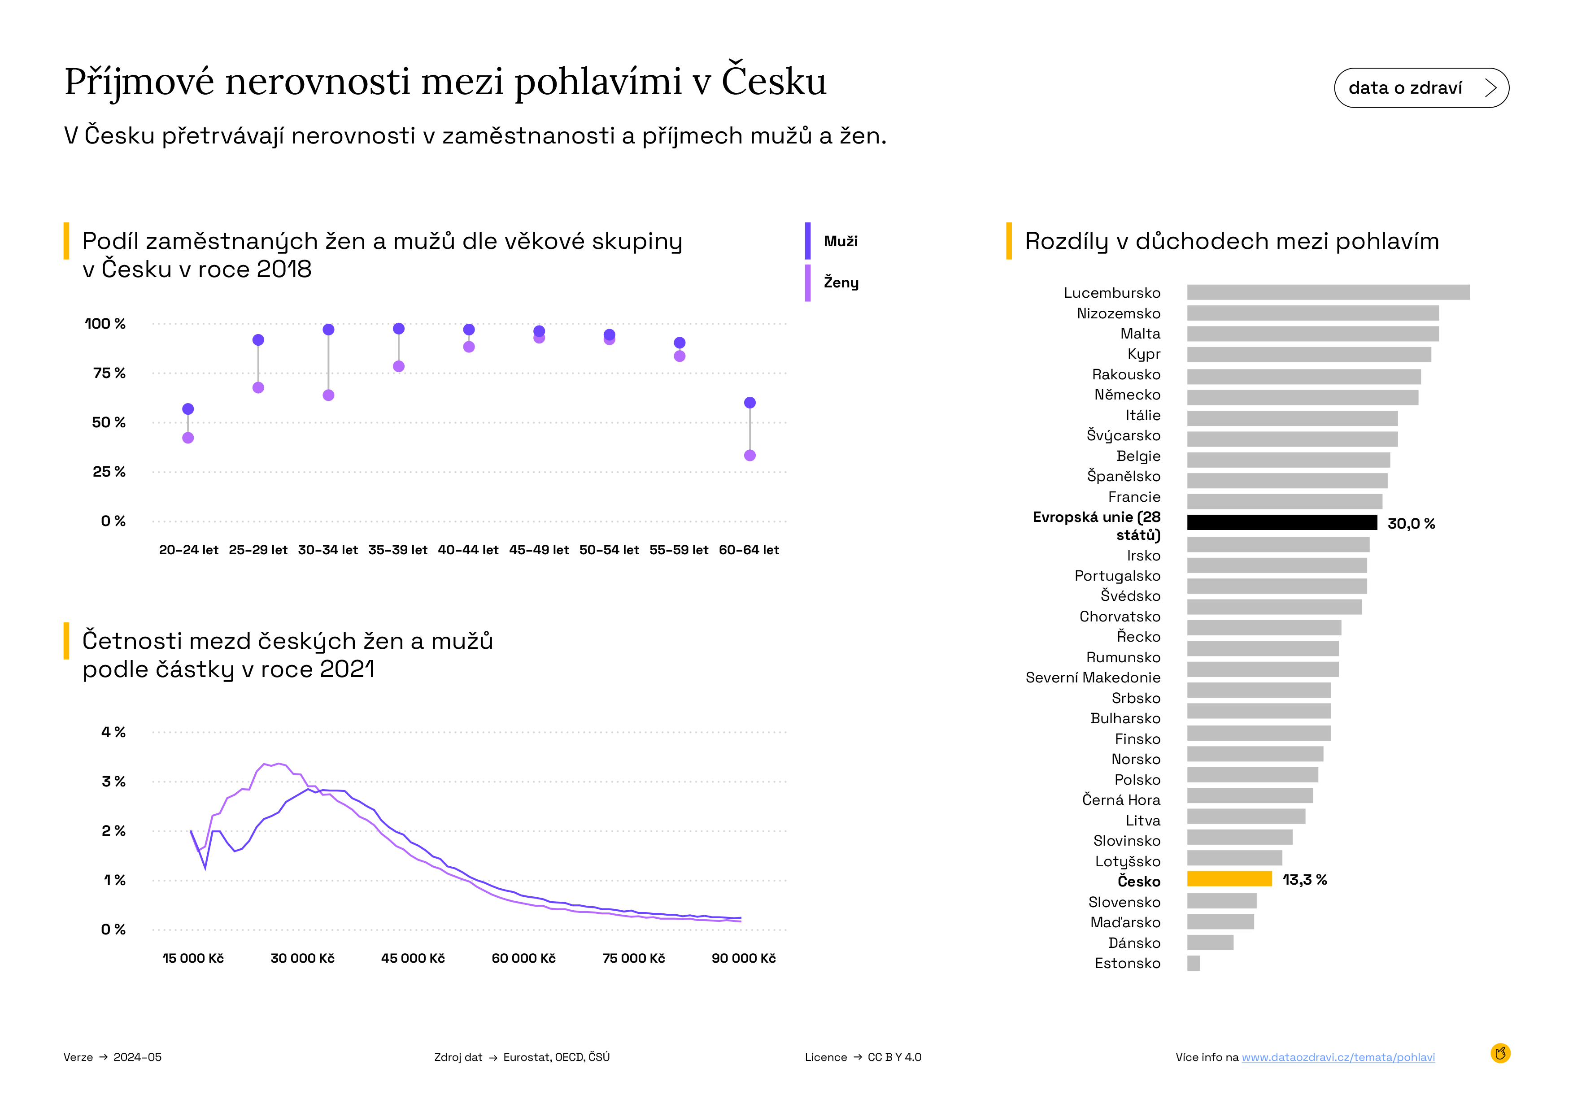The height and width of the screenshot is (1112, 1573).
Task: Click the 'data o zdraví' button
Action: [1421, 87]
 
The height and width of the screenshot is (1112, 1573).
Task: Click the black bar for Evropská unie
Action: [1282, 522]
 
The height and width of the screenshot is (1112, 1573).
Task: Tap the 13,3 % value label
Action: [1304, 880]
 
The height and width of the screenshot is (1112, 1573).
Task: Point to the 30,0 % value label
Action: [1411, 524]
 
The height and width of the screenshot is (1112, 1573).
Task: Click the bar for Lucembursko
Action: [1329, 292]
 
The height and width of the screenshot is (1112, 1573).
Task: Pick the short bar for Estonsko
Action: [1194, 964]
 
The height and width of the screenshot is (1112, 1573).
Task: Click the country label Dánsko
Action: [1134, 943]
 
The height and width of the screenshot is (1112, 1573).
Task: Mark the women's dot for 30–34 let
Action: [328, 395]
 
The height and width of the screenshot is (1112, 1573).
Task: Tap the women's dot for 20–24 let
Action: [188, 438]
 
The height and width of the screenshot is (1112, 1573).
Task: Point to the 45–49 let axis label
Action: [539, 550]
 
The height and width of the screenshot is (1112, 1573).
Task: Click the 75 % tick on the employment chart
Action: [109, 373]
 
